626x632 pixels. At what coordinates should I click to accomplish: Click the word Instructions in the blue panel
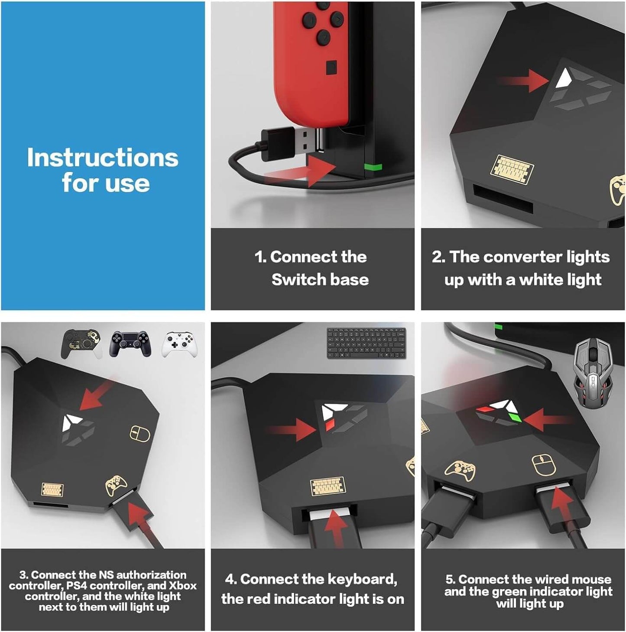click(102, 158)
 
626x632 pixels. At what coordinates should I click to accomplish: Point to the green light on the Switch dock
click(373, 167)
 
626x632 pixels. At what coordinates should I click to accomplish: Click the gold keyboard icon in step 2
click(512, 169)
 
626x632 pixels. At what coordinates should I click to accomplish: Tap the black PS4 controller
click(130, 344)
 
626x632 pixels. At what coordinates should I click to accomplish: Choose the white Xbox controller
click(179, 345)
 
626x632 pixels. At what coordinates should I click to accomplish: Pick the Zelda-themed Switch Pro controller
click(81, 344)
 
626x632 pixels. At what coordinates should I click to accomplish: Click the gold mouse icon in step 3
click(140, 434)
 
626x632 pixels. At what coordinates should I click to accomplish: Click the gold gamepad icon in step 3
click(116, 485)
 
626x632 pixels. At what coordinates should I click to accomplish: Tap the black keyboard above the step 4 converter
click(366, 343)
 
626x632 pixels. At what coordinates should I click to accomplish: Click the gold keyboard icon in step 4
click(328, 486)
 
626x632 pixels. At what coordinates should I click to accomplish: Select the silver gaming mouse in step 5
click(593, 373)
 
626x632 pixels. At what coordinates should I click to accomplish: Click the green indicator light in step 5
click(514, 417)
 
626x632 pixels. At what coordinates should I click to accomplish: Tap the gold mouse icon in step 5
click(544, 465)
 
